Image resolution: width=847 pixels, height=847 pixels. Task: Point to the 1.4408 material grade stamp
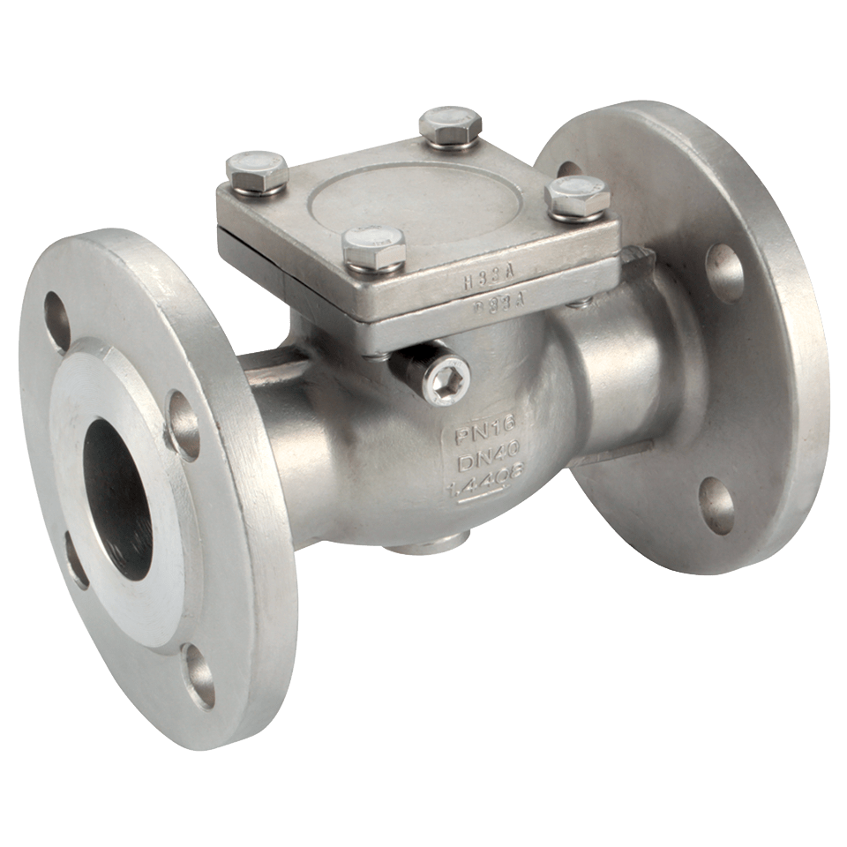click(474, 488)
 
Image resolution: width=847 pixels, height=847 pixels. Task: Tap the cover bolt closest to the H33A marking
click(371, 244)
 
